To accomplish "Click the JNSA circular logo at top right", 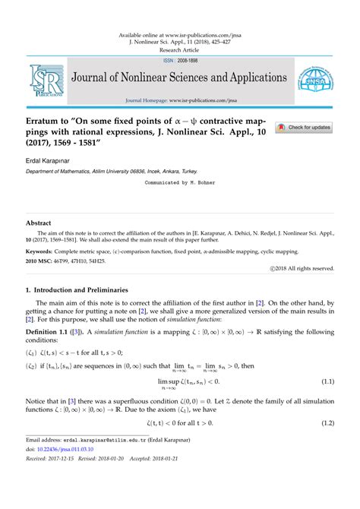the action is click(x=315, y=81).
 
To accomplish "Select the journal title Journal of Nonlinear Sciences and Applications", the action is click(x=179, y=78).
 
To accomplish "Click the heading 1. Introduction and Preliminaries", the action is click(x=88, y=290).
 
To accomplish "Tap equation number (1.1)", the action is click(x=327, y=380).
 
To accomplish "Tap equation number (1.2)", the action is click(x=327, y=422).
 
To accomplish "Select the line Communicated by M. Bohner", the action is click(x=179, y=183).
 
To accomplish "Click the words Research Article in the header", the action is click(x=179, y=49).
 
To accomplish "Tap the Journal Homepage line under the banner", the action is click(x=179, y=100).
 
